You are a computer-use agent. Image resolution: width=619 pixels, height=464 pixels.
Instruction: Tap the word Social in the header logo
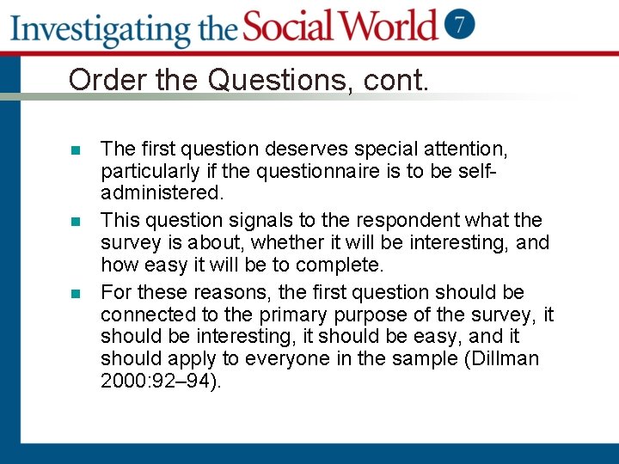click(x=292, y=27)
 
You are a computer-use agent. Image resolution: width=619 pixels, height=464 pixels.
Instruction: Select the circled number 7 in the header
click(x=460, y=25)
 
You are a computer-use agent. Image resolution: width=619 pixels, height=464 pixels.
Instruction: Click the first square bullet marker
click(x=76, y=150)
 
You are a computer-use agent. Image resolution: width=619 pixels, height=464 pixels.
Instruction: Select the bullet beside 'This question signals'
click(x=76, y=222)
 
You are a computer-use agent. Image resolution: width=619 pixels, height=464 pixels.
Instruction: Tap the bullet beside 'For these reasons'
click(x=76, y=293)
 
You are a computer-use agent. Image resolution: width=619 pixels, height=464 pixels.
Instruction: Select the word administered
click(x=162, y=192)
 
